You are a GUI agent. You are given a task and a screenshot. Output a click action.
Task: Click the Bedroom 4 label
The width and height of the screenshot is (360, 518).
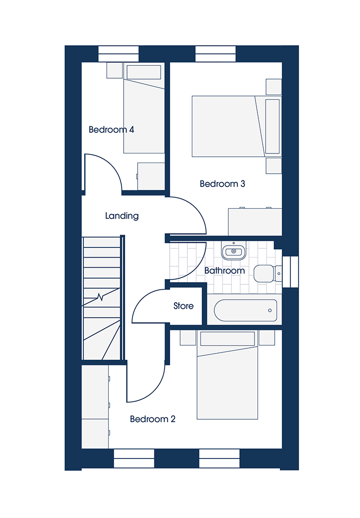pos(111,129)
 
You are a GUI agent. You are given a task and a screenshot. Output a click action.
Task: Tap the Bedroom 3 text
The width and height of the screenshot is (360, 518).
pos(222,184)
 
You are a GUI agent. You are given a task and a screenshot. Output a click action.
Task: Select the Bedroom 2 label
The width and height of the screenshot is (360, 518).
pos(152,419)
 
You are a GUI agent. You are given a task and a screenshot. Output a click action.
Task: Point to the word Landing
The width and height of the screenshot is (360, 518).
pos(122,216)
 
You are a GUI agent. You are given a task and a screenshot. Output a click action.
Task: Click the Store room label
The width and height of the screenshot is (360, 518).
pos(183,306)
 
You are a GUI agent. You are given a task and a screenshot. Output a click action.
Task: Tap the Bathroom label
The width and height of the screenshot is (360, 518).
pos(225,271)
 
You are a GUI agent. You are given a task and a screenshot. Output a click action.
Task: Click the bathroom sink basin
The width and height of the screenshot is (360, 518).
pos(233,251)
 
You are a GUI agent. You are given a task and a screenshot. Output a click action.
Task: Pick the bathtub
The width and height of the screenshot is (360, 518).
pos(245,310)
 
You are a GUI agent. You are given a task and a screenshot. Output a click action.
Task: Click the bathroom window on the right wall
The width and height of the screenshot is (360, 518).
pos(290,271)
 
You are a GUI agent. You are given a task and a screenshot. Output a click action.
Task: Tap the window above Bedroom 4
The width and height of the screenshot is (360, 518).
pos(118,54)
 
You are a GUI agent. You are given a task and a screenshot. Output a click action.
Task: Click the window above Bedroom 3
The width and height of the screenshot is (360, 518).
pos(216,54)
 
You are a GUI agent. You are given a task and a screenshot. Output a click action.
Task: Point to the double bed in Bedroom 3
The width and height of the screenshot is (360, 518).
pos(236,126)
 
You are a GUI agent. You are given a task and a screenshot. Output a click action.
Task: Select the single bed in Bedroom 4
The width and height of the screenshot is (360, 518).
pos(144,108)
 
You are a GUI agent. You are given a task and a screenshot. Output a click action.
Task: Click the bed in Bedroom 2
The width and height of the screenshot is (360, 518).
pos(227,375)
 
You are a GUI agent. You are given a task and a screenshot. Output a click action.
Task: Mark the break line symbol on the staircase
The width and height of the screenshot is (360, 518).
pos(100,297)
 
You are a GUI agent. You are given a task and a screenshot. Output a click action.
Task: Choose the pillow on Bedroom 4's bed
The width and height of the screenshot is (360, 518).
pos(144,72)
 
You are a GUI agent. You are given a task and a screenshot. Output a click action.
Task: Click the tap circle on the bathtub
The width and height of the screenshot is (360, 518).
pos(270,310)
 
